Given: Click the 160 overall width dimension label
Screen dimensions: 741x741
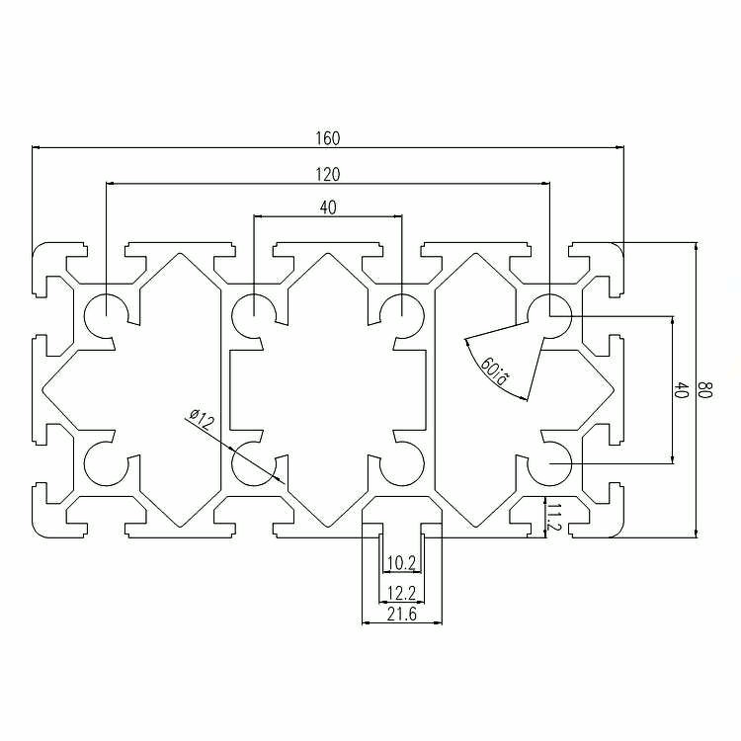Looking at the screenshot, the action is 327,138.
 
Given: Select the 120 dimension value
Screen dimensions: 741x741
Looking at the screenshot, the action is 327,175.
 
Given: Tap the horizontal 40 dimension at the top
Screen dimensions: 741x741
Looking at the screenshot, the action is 328,207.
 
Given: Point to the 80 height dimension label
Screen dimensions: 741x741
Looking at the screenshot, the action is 704,390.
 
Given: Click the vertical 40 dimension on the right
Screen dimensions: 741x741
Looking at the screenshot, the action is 681,390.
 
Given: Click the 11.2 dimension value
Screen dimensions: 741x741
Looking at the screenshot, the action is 553,517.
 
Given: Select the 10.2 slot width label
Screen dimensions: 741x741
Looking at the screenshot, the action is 401,563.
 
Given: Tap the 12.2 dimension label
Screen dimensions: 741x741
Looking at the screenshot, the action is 402,592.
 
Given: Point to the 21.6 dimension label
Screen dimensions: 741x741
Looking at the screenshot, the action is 402,615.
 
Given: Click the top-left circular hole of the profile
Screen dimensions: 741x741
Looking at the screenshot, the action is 106,316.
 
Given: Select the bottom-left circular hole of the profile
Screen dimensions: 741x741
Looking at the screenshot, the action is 106,463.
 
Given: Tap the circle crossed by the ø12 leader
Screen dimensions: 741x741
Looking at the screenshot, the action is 254,463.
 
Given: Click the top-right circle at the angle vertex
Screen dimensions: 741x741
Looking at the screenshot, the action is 549,316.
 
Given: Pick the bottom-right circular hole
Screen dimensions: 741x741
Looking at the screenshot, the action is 549,463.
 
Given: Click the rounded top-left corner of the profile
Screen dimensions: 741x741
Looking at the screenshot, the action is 37,248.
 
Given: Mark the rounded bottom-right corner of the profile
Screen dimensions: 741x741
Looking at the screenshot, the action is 619,533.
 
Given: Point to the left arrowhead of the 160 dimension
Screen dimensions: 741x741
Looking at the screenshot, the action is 36,147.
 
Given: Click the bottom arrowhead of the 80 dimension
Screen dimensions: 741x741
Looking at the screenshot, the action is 696,534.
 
